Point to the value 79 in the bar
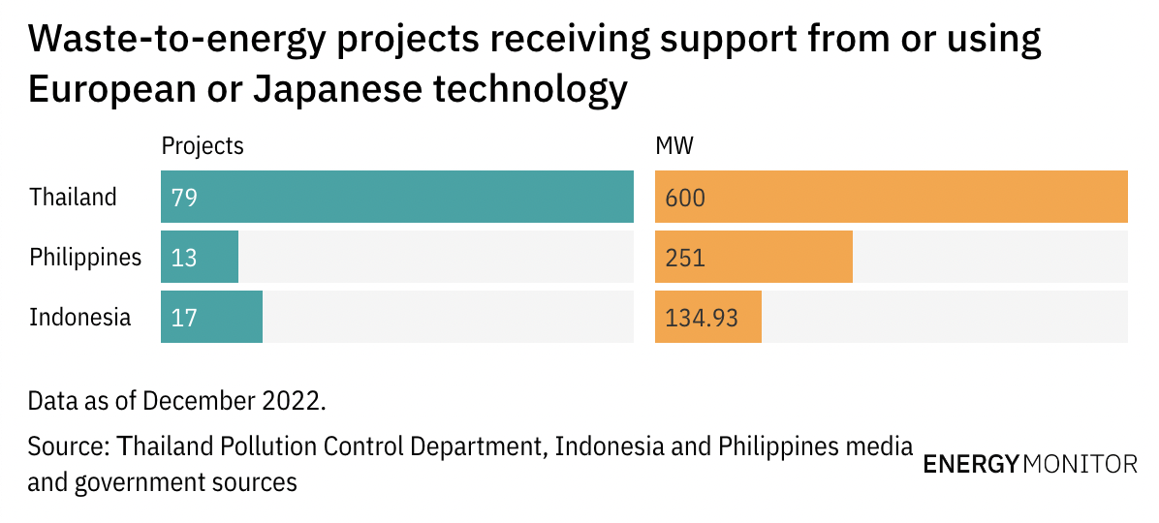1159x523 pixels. coord(184,198)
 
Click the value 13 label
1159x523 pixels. coord(184,258)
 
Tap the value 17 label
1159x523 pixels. coord(184,317)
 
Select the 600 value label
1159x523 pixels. coord(685,198)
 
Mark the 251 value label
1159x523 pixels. coord(684,258)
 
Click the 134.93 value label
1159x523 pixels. coord(702,317)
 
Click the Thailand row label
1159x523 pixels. coord(73,198)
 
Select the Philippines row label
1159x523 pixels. coord(85,258)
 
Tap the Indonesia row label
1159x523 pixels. coord(79,317)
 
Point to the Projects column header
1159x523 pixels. coord(203,146)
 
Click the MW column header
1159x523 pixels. coord(675,146)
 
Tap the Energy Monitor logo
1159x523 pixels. coord(1030,464)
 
